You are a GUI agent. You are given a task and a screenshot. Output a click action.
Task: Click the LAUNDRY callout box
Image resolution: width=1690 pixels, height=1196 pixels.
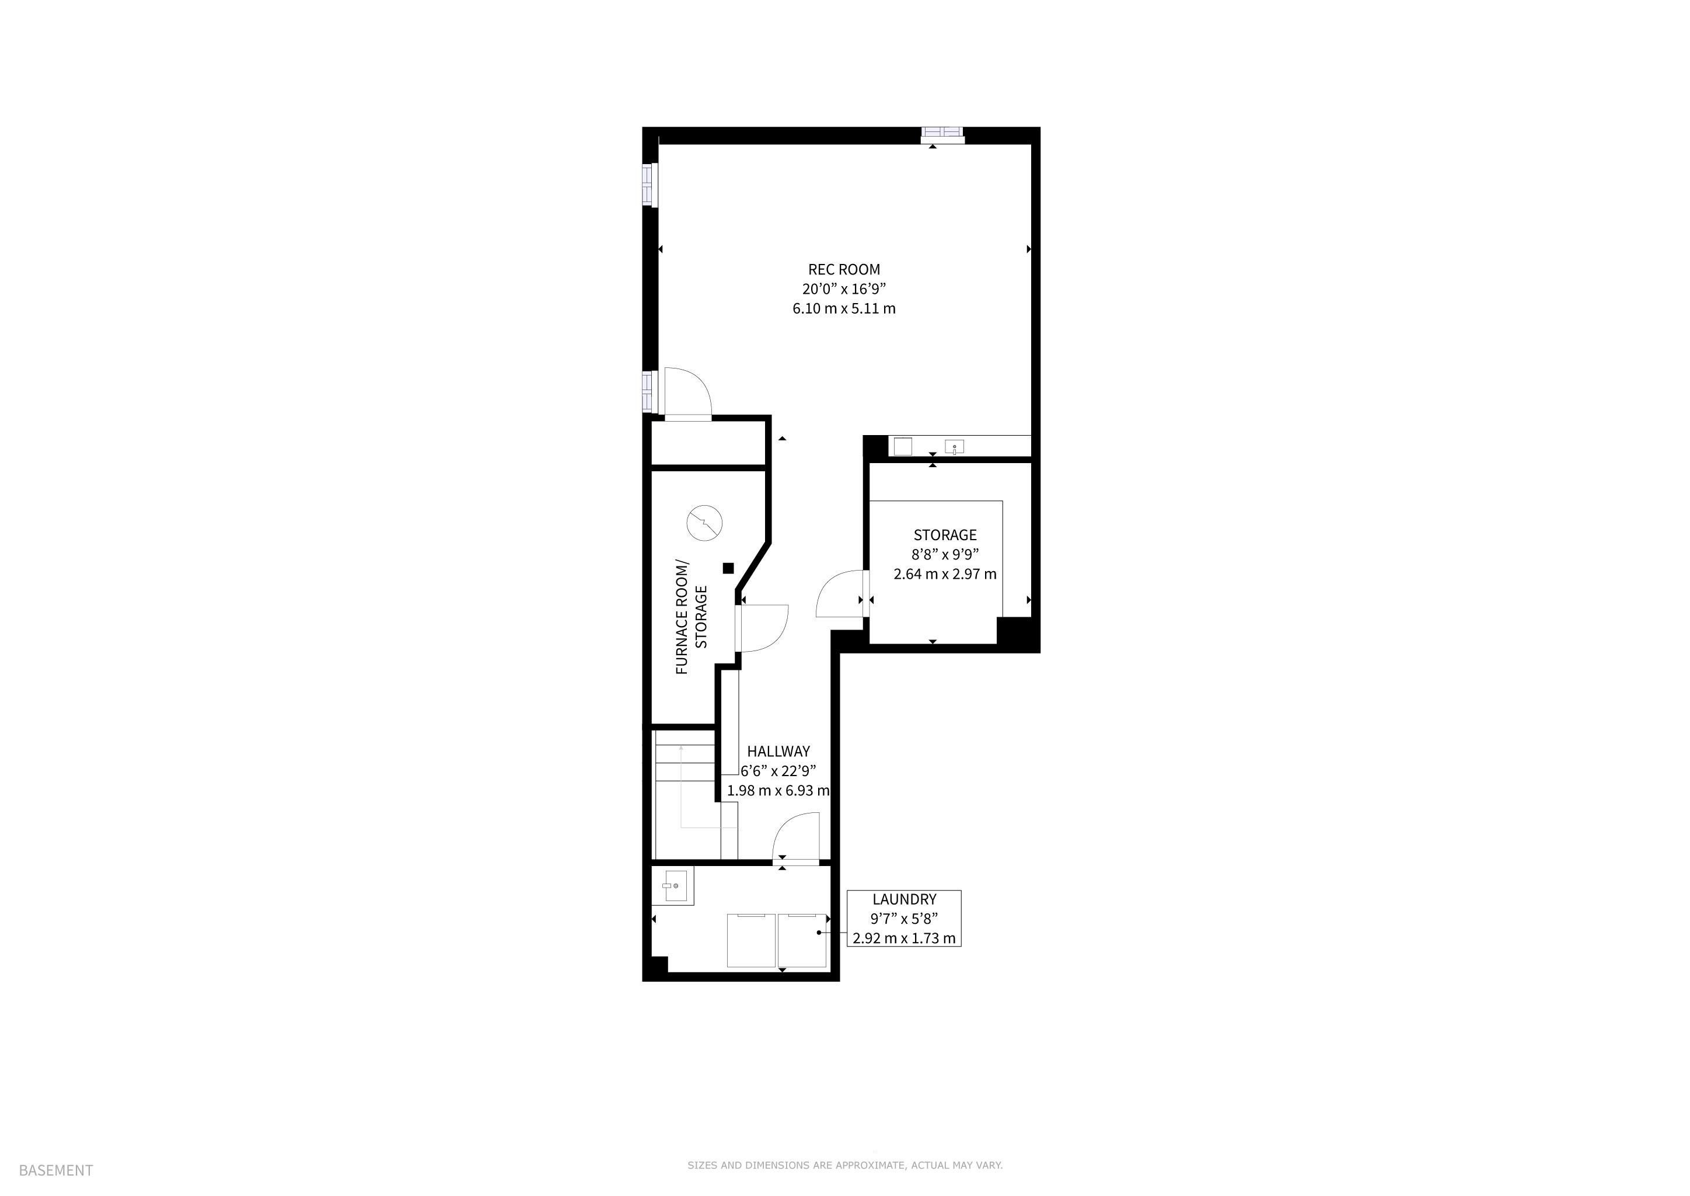point(904,919)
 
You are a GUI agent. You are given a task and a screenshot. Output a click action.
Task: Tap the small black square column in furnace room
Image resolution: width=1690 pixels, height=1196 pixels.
point(728,568)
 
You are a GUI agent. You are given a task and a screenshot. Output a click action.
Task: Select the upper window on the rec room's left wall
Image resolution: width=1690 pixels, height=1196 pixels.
point(648,185)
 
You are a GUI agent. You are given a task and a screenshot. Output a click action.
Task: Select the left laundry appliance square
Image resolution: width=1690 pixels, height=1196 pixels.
point(752,940)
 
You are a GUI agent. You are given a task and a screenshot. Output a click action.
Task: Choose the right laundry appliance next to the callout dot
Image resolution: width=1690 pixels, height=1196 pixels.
point(802,940)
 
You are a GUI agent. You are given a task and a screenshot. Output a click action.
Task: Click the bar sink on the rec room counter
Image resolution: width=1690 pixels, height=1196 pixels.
point(954,447)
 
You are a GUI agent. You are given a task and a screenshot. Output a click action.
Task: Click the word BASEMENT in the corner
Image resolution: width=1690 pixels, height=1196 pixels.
point(56,1171)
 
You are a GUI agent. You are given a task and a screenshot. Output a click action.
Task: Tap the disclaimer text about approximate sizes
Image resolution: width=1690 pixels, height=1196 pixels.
point(845,1166)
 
